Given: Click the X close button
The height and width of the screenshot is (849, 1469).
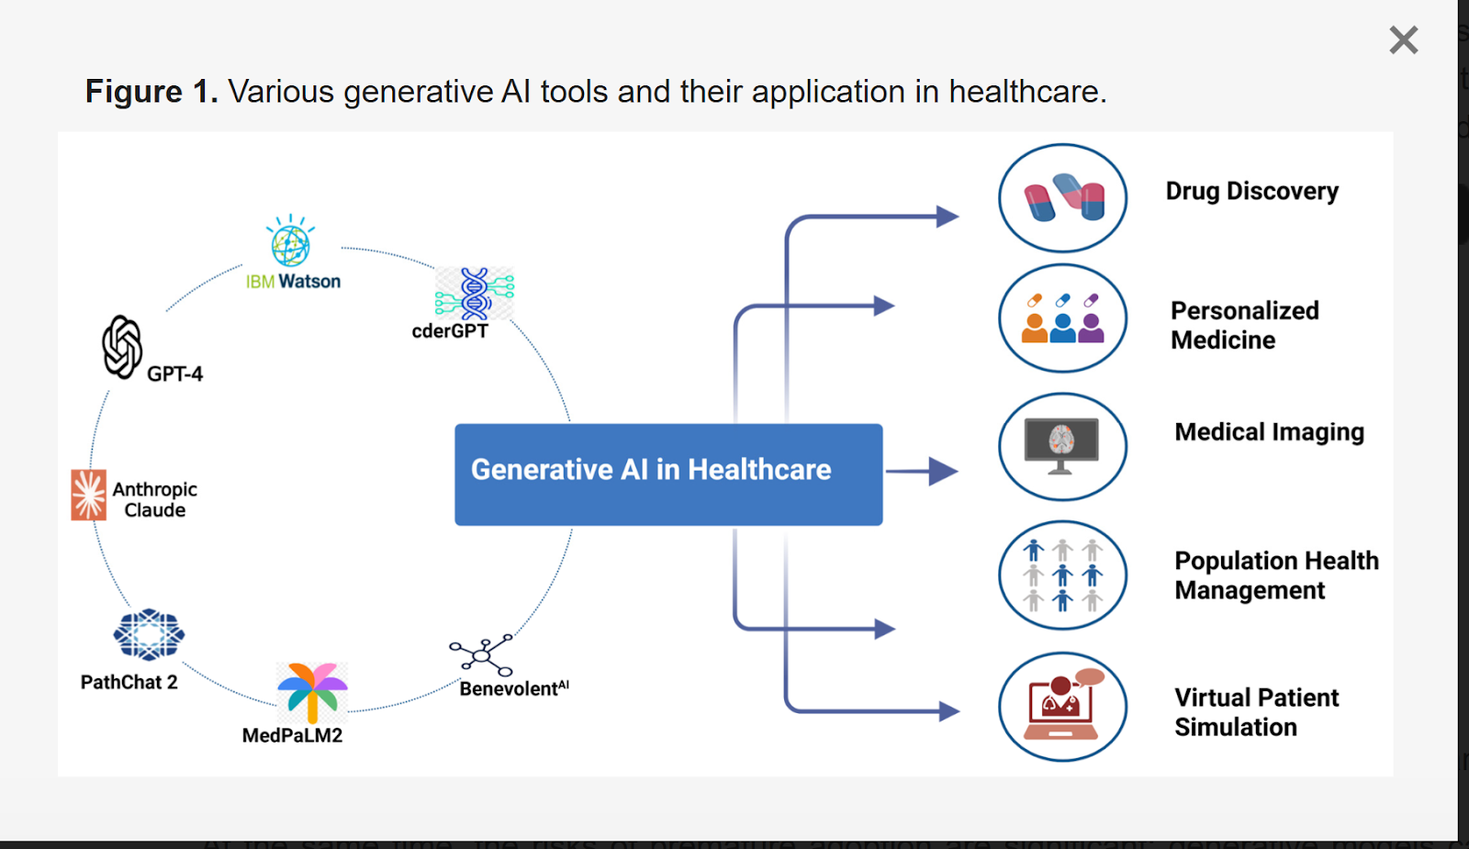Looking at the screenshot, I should [x=1403, y=40].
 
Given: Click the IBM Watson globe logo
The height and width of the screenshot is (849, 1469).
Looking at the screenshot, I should [x=290, y=243].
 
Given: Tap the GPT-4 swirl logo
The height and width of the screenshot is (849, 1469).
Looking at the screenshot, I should [x=122, y=347].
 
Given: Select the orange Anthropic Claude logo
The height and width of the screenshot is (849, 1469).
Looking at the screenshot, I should [x=89, y=496].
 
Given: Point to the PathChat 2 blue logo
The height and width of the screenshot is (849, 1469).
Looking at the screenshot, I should [x=149, y=634].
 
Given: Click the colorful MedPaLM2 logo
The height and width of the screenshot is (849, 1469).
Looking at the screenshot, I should [x=312, y=692].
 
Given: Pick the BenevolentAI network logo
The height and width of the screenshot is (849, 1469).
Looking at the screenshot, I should [x=481, y=654].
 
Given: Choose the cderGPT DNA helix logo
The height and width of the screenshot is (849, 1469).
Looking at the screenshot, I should [x=475, y=293].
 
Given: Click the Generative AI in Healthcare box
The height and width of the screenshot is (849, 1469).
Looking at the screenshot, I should [x=668, y=474].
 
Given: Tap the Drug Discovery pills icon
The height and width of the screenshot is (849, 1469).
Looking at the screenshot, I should [x=1063, y=198].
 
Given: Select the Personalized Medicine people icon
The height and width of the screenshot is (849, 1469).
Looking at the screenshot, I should [x=1063, y=318].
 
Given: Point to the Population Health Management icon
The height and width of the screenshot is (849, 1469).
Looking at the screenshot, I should [x=1063, y=575].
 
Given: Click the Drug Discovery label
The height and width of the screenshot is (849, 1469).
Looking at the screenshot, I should [x=1251, y=191].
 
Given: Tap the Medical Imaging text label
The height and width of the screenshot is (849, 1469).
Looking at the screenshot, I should [x=1269, y=431].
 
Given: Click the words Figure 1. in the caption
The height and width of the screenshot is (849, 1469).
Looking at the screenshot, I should [x=151, y=92].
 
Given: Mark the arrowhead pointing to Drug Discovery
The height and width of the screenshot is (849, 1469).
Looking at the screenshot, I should [x=947, y=217].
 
